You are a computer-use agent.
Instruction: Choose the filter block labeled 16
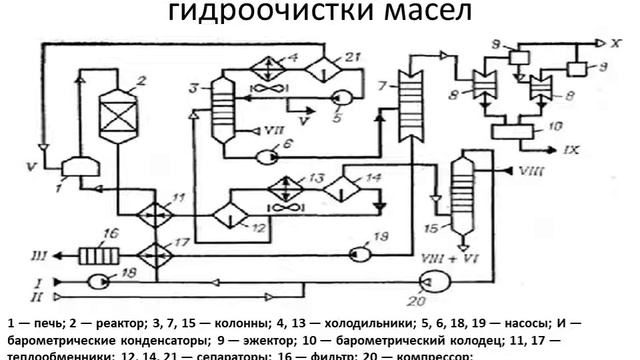(98, 255)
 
